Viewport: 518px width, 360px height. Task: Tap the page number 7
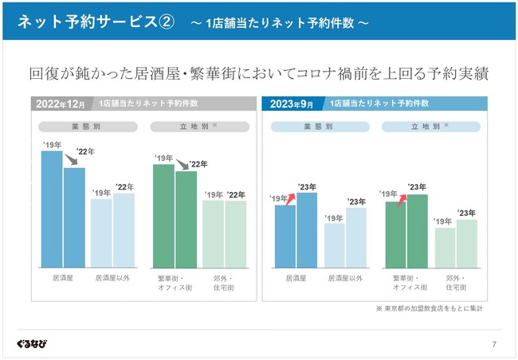click(494, 344)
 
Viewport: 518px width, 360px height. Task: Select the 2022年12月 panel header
click(60, 104)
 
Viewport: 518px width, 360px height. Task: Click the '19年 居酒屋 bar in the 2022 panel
click(52, 209)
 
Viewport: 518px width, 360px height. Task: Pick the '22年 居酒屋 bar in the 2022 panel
click(74, 217)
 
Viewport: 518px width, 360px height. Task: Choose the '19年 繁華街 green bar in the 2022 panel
click(163, 215)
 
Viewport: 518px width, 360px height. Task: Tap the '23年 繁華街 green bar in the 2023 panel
click(417, 231)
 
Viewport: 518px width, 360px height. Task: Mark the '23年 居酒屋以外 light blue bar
click(356, 237)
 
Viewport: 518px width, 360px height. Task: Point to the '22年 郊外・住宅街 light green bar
click(236, 234)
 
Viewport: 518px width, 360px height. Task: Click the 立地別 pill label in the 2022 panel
click(200, 127)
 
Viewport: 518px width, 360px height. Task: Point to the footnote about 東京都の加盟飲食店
click(430, 307)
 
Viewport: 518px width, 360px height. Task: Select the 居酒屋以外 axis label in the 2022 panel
click(112, 279)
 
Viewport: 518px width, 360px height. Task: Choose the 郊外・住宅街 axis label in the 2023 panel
click(456, 283)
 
